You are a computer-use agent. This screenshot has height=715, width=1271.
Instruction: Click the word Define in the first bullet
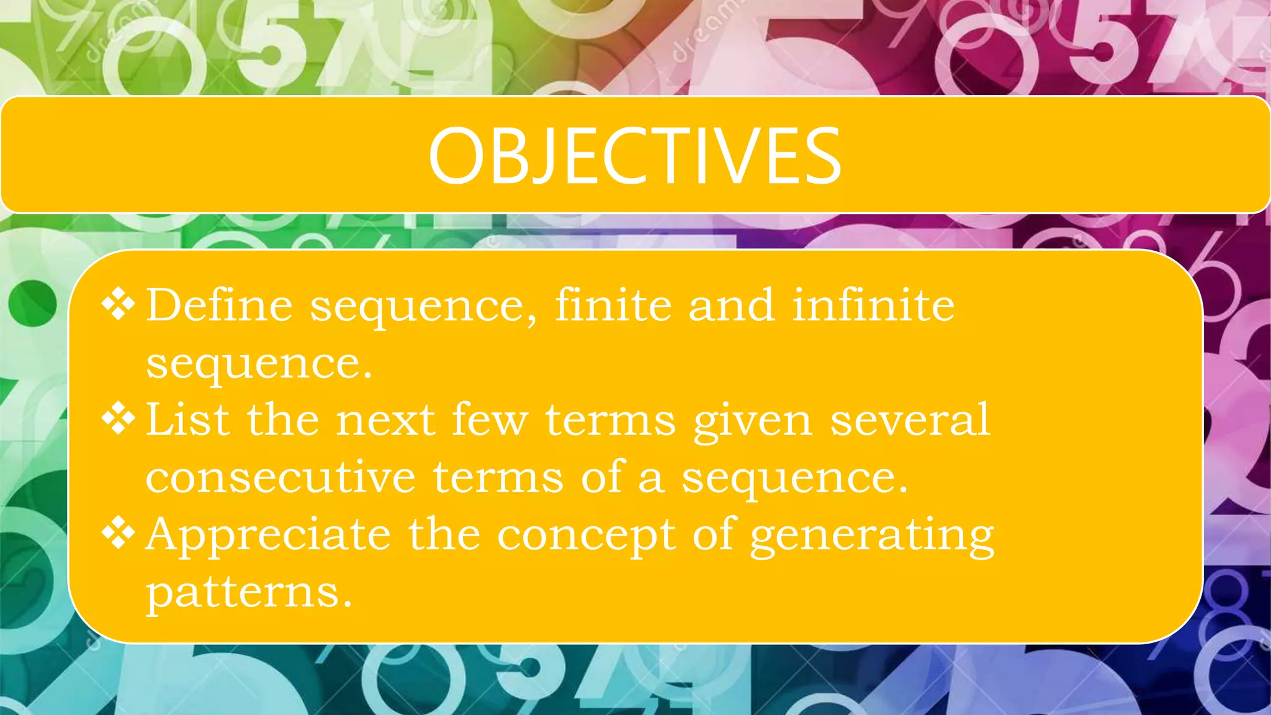click(219, 305)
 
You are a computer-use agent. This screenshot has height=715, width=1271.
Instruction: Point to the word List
click(187, 420)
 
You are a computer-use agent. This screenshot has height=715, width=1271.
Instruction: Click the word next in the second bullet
click(385, 420)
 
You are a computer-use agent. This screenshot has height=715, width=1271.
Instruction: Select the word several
click(910, 420)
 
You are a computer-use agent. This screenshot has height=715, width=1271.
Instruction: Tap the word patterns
click(248, 592)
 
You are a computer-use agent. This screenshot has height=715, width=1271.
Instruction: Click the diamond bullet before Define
click(118, 304)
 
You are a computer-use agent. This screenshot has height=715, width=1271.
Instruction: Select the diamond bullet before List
click(118, 419)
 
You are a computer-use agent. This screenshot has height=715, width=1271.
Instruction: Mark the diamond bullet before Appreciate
click(118, 533)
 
